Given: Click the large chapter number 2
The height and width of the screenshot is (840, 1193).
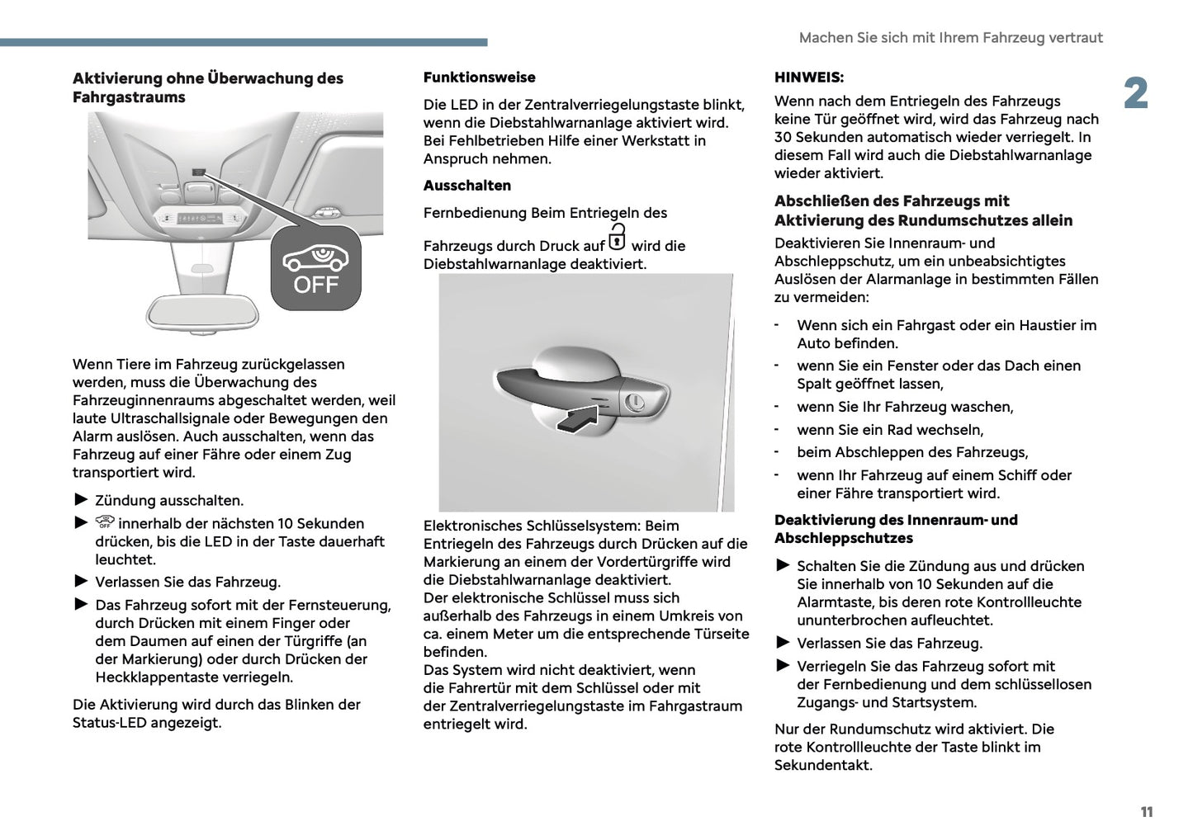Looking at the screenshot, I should click(1136, 94).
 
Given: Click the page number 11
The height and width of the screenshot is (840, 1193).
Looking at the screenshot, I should click(1146, 812).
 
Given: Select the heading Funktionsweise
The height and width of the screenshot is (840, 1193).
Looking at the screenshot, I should click(479, 78).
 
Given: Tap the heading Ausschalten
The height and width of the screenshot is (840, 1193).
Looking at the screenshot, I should click(466, 186).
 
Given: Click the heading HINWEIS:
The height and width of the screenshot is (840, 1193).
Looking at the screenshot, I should click(808, 78).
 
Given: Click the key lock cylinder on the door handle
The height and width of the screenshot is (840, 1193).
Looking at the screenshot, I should click(634, 403).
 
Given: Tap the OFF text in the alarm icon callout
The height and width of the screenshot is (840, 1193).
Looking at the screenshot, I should click(316, 286).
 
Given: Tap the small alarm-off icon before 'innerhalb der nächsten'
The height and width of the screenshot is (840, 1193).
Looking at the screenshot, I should click(104, 521).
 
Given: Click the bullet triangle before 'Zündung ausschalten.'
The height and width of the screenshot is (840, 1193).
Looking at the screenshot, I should click(80, 499).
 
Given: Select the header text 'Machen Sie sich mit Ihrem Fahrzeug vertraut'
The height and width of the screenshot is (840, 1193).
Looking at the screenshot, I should click(950, 38).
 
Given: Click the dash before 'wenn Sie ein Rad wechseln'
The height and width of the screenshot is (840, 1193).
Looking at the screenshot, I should click(777, 429).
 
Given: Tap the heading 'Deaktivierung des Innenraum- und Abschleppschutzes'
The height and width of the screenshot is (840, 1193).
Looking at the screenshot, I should click(895, 529).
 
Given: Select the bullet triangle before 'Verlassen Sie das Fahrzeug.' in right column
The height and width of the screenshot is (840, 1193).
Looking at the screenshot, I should click(783, 642).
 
